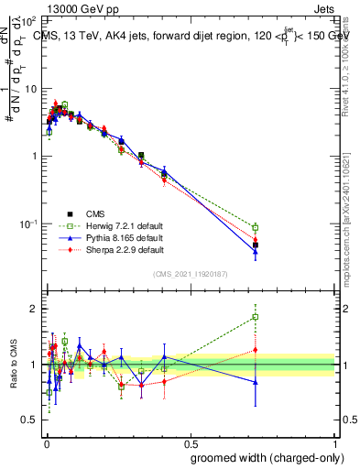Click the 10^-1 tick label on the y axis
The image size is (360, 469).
27,224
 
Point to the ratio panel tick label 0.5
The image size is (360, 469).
27,420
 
